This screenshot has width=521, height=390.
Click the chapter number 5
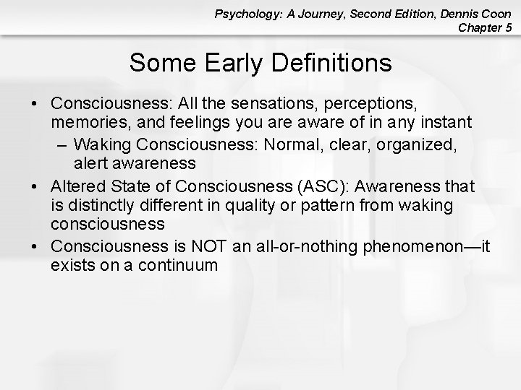509,28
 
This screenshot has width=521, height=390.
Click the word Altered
77,186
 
